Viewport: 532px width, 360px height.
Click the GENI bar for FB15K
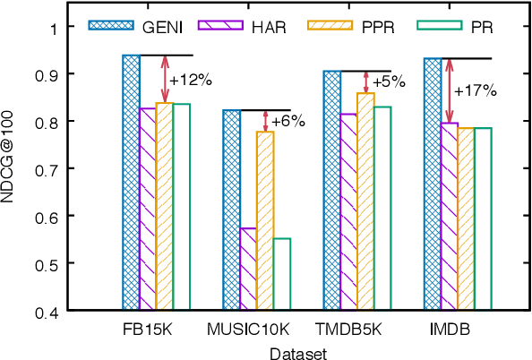tap(131, 184)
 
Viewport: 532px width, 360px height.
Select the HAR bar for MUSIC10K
tap(248, 270)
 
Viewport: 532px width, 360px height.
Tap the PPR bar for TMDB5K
tap(365, 201)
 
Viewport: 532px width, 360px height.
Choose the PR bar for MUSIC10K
tap(281, 274)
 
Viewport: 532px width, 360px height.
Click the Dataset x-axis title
tap(299, 352)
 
